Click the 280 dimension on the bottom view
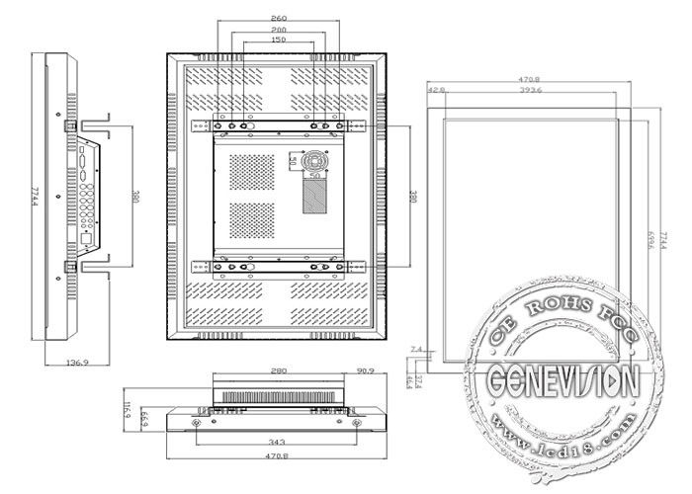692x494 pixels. tap(277, 371)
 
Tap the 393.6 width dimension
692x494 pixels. tap(535, 91)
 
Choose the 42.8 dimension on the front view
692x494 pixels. tap(436, 91)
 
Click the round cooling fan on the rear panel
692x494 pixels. tap(315, 160)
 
